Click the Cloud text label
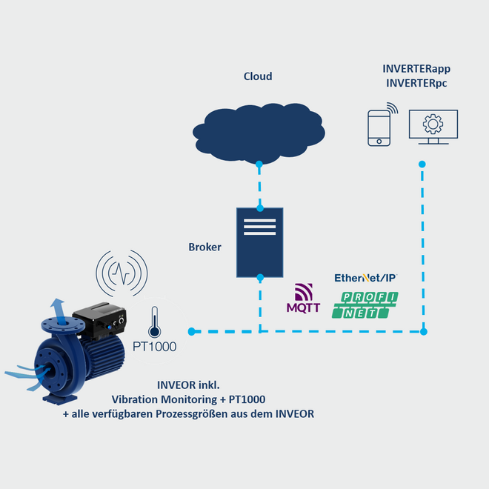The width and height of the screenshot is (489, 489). (258, 76)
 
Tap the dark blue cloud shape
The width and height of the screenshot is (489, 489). (259, 133)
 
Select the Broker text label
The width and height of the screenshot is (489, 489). (205, 247)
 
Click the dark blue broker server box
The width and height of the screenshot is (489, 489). (260, 242)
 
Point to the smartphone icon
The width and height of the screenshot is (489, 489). (379, 128)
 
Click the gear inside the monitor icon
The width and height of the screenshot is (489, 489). (433, 124)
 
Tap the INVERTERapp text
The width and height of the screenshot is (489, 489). (416, 69)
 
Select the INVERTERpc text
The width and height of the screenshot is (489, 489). (416, 83)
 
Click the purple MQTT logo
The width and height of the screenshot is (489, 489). (304, 298)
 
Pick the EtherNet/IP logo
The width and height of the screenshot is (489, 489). (366, 278)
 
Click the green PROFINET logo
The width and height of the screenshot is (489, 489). (365, 305)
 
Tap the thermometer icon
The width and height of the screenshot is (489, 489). (154, 322)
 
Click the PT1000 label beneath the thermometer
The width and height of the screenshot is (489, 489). (154, 347)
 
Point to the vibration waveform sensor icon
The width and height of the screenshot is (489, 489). (122, 273)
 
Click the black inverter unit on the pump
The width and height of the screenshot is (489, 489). (100, 319)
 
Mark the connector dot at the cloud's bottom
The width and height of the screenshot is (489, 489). (259, 164)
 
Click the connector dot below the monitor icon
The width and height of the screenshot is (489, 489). (422, 164)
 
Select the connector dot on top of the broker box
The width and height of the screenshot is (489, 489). (260, 208)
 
